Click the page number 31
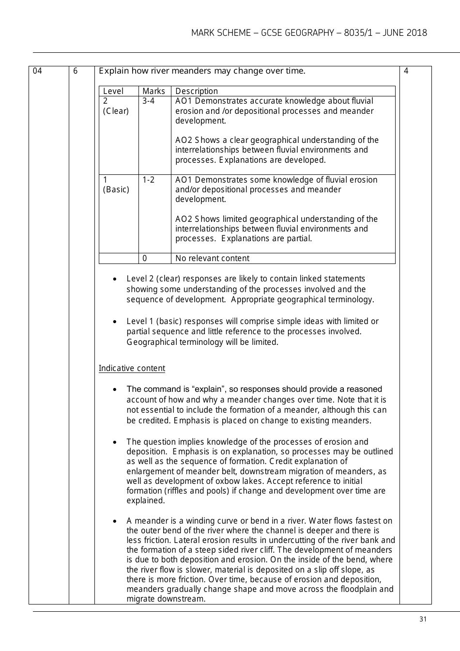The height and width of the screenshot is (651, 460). pyautogui.click(x=423, y=619)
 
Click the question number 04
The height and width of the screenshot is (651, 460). pyautogui.click(x=37, y=71)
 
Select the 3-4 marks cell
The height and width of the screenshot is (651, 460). pyautogui.click(x=148, y=101)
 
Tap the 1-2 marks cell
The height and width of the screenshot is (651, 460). pyautogui.click(x=148, y=180)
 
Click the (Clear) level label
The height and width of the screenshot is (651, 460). pyautogui.click(x=116, y=111)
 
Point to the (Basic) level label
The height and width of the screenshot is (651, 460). pyautogui.click(x=116, y=189)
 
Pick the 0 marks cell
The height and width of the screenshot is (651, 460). pyautogui.click(x=145, y=258)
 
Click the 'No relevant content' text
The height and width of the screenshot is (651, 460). pyautogui.click(x=212, y=258)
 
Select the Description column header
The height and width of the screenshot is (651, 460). pyautogui.click(x=196, y=91)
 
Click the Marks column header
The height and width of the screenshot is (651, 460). pyautogui.click(x=153, y=91)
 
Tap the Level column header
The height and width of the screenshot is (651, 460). pyautogui.click(x=113, y=91)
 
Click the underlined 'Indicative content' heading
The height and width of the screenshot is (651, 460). pyautogui.click(x=132, y=368)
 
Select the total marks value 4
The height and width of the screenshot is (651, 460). pyautogui.click(x=406, y=71)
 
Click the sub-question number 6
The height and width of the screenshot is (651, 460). pyautogui.click(x=75, y=71)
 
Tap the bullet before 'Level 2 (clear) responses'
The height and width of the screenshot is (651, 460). pyautogui.click(x=114, y=279)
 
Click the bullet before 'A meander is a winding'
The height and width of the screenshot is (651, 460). pyautogui.click(x=114, y=522)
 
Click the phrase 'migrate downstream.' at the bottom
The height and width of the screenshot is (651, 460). pyautogui.click(x=166, y=599)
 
